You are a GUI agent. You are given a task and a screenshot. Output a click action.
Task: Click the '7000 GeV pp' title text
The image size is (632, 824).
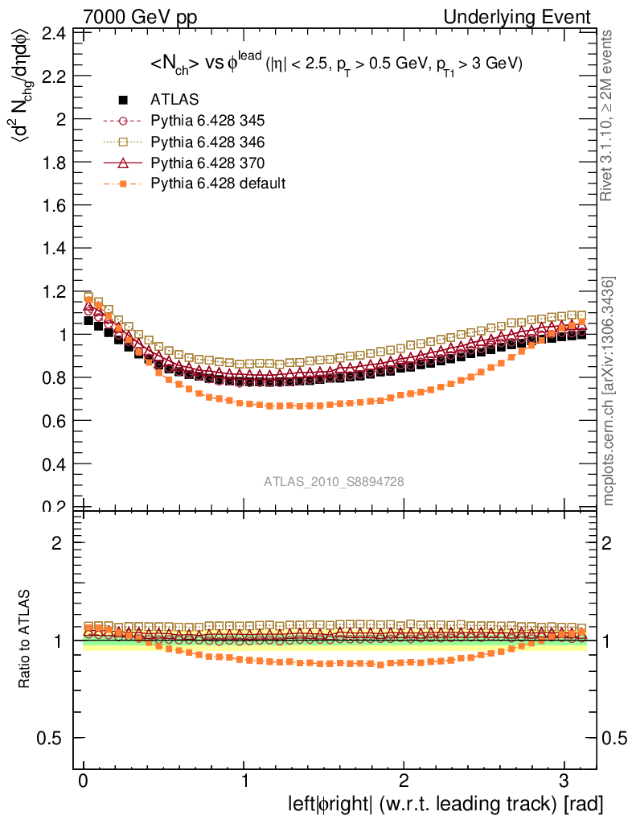pos(140,17)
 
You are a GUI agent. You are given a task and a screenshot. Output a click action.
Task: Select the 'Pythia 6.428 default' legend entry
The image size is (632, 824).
pos(218,183)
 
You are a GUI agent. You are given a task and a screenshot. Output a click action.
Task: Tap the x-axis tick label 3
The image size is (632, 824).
pos(563,781)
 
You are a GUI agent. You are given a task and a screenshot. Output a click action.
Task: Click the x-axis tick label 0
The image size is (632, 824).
pos(83,781)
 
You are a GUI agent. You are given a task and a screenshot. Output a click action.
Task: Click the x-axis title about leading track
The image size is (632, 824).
pos(445,803)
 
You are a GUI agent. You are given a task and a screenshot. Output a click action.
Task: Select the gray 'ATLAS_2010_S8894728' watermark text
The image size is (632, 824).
pos(334,481)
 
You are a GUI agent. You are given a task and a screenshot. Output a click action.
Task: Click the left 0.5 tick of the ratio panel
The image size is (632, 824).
pos(52,739)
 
